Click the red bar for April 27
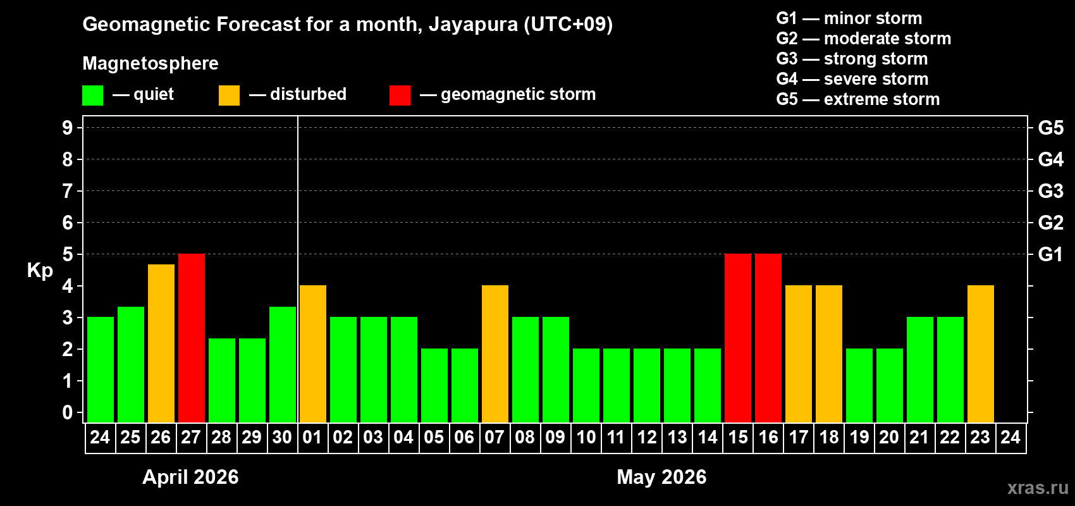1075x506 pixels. [192, 338]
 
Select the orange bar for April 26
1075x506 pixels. [161, 343]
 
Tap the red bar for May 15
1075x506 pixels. [738, 338]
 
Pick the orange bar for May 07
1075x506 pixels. [495, 354]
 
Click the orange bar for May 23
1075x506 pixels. [981, 354]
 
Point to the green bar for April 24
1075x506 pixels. [101, 370]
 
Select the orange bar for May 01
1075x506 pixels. [313, 354]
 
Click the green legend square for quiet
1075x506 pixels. [93, 96]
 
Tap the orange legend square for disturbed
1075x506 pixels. [229, 96]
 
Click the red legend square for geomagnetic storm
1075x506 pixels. [400, 96]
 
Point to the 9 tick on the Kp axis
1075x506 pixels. [68, 128]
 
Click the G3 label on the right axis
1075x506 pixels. [1050, 191]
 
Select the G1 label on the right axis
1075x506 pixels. [1050, 254]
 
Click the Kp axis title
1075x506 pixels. [40, 271]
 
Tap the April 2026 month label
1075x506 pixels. [190, 477]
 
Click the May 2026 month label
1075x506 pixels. [661, 477]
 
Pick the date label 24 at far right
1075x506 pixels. [1010, 438]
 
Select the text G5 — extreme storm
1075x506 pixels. [857, 99]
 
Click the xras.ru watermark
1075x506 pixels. [1037, 488]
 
